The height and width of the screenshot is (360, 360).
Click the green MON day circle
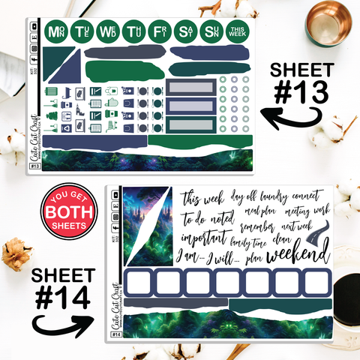coord(55,32)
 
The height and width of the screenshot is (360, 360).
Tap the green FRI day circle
coord(159,32)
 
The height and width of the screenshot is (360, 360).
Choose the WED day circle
coord(107,32)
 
